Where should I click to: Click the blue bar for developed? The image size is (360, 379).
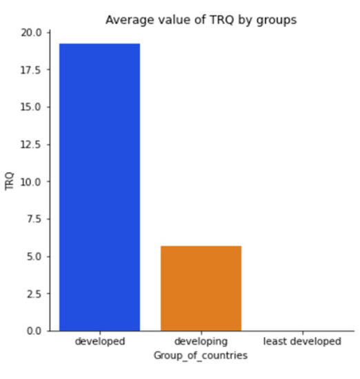click(99, 187)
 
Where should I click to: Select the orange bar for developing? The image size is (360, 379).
click(201, 288)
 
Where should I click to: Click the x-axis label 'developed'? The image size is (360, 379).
click(99, 342)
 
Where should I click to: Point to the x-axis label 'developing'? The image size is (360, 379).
click(201, 342)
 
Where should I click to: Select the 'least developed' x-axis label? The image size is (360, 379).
click(302, 342)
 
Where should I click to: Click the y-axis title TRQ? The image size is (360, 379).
click(10, 181)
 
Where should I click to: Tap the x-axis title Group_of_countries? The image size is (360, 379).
click(201, 355)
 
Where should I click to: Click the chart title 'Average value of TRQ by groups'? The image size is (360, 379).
click(201, 20)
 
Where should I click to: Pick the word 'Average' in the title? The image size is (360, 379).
click(125, 20)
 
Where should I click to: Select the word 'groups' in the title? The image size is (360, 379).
click(279, 20)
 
